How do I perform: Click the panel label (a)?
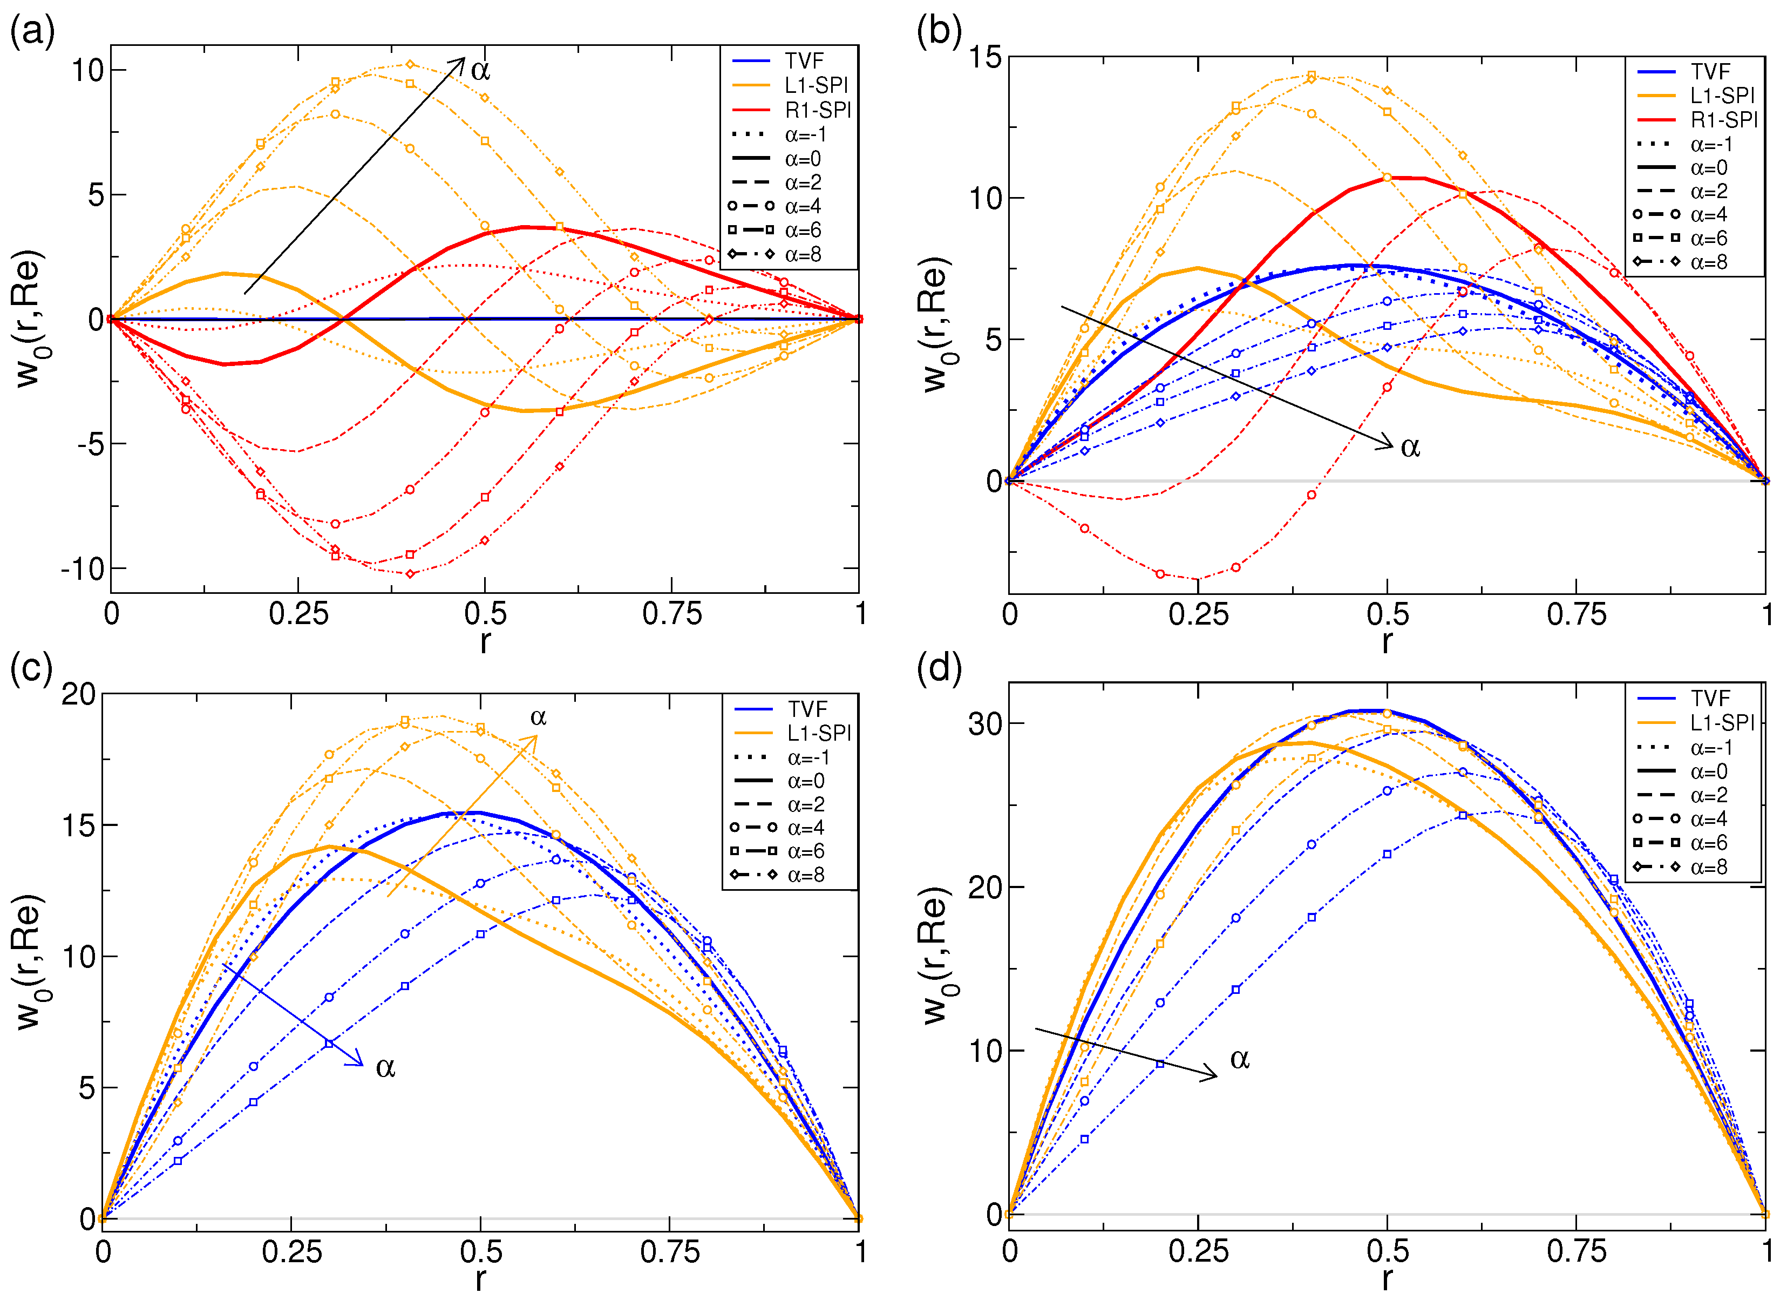coord(32,32)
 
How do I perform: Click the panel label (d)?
coord(939,668)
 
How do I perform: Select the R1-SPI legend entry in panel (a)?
coord(817,110)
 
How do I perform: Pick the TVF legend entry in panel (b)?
coord(1710,72)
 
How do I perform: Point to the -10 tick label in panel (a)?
coord(83,569)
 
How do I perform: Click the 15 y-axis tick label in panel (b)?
coord(986,57)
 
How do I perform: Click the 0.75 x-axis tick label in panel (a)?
coord(671,614)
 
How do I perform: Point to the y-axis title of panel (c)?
coord(28,961)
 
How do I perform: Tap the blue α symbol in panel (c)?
coord(385,1068)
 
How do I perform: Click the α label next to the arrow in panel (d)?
coord(1240,1059)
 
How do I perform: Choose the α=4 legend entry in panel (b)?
coord(1709,214)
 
